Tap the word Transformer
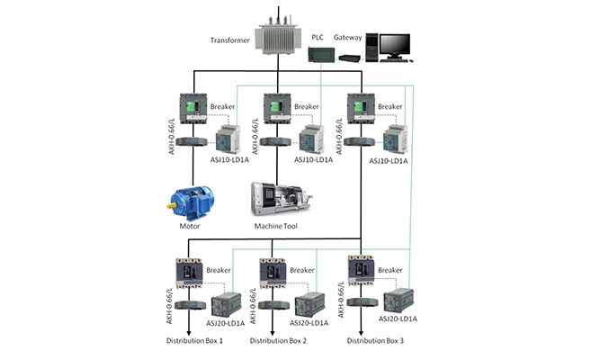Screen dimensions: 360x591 [x=229, y=40]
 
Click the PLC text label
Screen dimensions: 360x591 [x=318, y=38]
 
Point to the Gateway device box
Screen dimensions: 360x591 [x=349, y=58]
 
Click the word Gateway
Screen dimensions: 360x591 [x=348, y=38]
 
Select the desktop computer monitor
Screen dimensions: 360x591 [x=394, y=45]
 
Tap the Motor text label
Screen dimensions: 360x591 [x=190, y=227]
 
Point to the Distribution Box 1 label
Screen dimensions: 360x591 [x=193, y=342]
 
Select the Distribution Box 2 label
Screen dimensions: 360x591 [x=278, y=342]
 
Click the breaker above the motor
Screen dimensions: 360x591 [x=193, y=110]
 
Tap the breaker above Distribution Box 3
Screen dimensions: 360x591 [x=361, y=271]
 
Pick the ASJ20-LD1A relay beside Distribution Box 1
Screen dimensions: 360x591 [x=225, y=304]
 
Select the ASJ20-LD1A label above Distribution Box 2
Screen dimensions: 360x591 [x=311, y=321]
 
